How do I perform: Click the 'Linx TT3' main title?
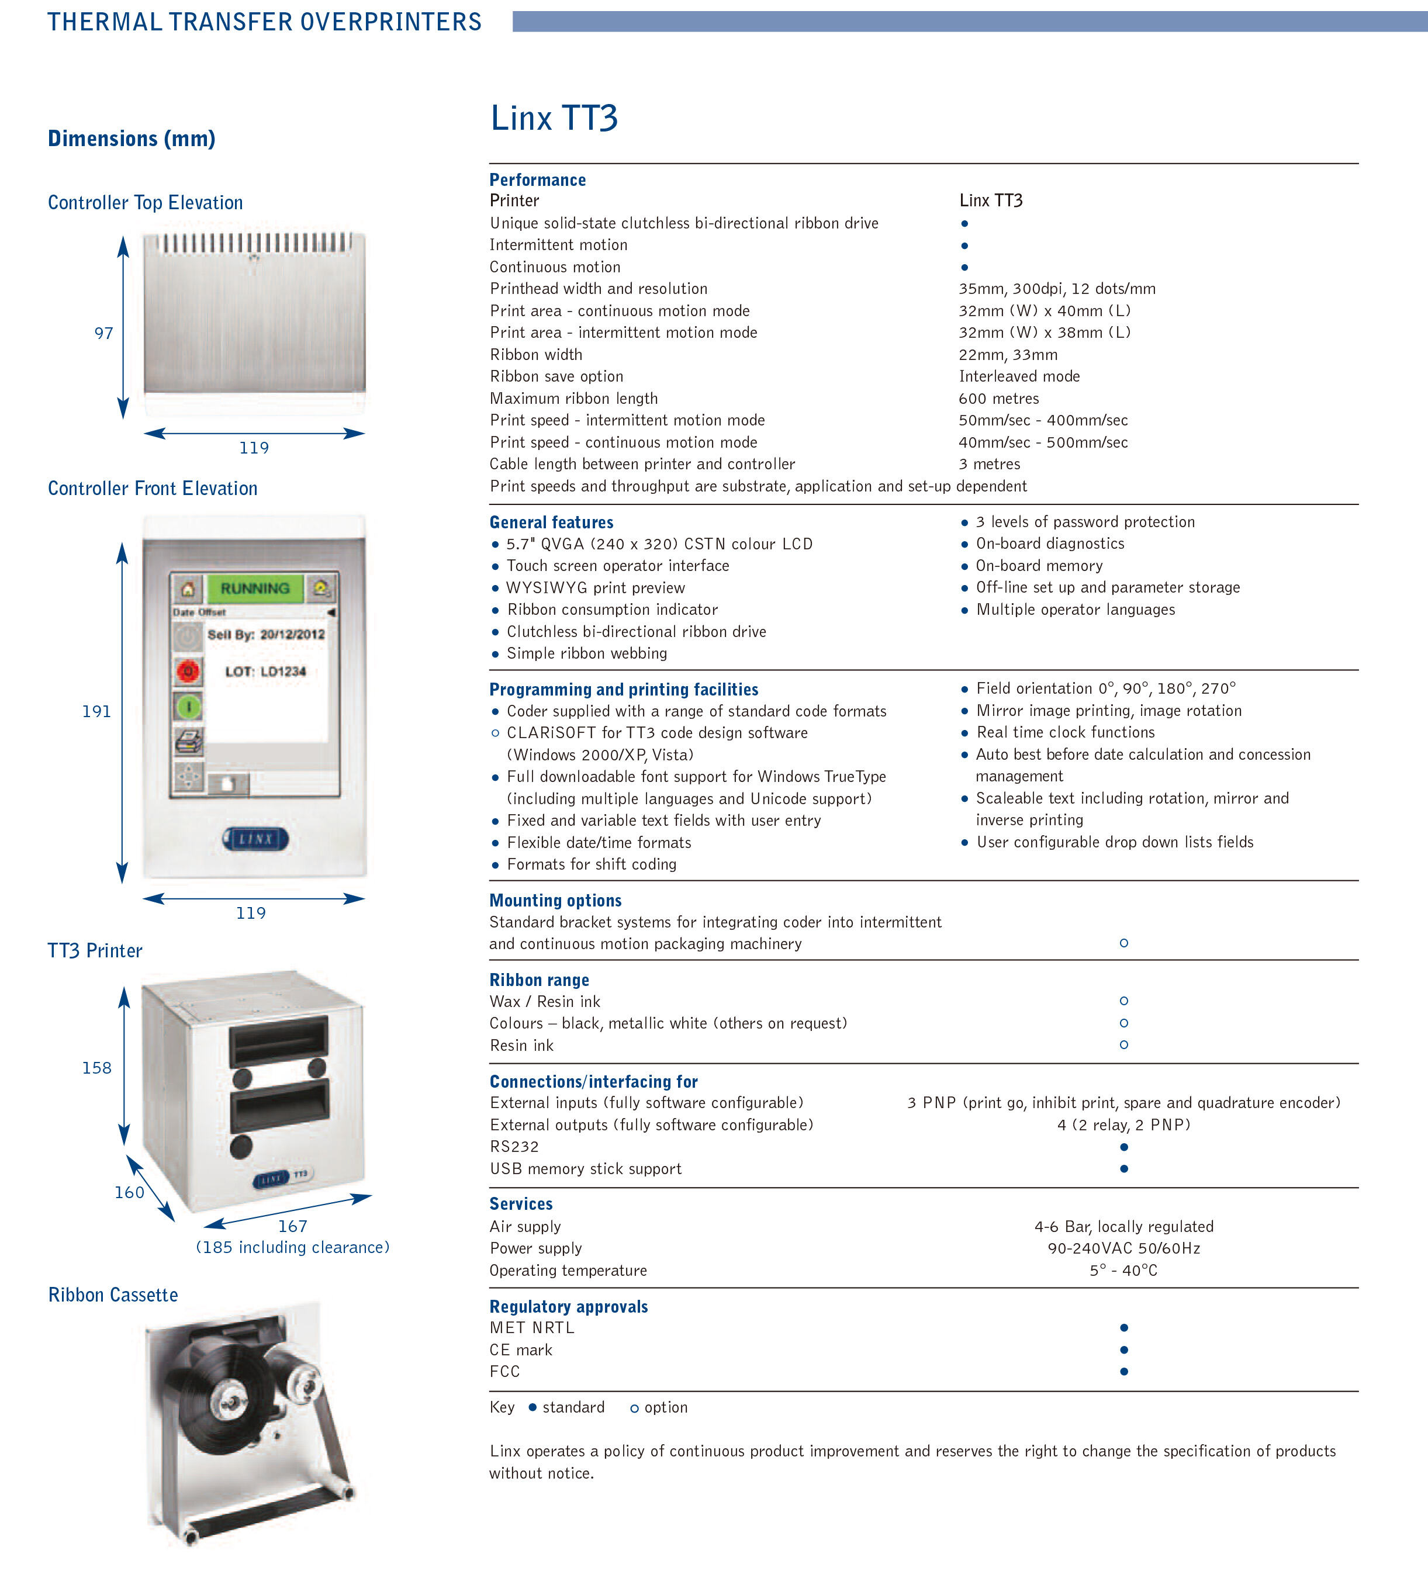(554, 119)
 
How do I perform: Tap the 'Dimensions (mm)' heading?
(132, 139)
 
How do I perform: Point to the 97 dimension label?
(103, 334)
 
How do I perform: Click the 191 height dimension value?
(96, 711)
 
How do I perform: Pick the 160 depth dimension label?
(129, 1192)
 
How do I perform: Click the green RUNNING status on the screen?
(255, 589)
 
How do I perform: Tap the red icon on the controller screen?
(188, 670)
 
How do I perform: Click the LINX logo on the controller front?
(255, 839)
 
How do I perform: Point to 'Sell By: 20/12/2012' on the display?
(266, 634)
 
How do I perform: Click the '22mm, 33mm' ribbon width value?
(1008, 355)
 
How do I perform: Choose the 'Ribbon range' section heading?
(538, 980)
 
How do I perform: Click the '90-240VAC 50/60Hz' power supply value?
(1123, 1248)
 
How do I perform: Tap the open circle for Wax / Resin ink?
(1123, 1001)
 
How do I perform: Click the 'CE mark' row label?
(521, 1349)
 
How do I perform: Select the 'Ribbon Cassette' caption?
(113, 1295)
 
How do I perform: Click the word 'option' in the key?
(666, 1407)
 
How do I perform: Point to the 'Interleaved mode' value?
(1019, 377)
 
